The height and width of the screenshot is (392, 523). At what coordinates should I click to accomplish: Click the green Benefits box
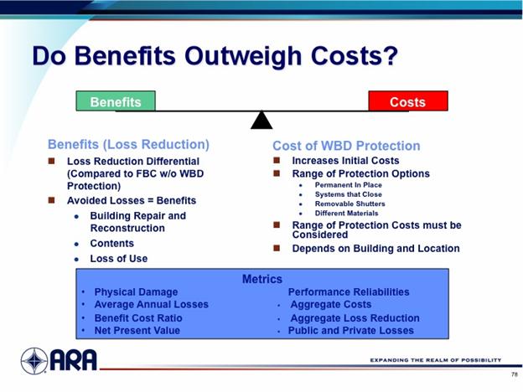pos(116,101)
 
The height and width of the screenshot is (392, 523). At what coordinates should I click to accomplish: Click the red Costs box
pos(408,101)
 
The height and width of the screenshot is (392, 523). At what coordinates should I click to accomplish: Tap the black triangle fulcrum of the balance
pos(261,120)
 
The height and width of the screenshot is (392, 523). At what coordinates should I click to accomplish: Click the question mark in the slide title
pos(389,55)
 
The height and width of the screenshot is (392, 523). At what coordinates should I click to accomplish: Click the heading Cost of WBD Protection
pos(346,146)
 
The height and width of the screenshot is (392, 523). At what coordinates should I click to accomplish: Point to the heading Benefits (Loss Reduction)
pos(128,144)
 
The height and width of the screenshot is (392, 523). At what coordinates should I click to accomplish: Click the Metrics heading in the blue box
pos(262,279)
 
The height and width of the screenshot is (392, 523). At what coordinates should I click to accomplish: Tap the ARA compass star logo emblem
pos(34,361)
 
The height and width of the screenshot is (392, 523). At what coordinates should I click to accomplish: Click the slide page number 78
pos(514,374)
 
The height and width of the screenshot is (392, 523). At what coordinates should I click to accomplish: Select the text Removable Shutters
pos(350,204)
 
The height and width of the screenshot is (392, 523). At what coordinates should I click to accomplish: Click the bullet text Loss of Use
pos(119,258)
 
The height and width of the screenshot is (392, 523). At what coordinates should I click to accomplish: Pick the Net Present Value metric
pos(137,330)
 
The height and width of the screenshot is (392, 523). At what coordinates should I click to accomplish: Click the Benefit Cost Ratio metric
pos(138,318)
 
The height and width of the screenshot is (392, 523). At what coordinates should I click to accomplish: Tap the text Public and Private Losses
pos(351,330)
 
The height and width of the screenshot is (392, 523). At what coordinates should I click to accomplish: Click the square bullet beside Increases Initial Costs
pos(277,160)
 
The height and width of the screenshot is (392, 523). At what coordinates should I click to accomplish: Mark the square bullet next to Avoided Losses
pos(51,200)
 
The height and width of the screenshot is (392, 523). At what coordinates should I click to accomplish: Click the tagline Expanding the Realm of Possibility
pos(436,360)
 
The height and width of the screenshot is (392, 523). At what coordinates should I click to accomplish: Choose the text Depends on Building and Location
pos(375,248)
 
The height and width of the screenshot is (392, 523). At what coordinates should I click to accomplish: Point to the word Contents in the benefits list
pos(112,244)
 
